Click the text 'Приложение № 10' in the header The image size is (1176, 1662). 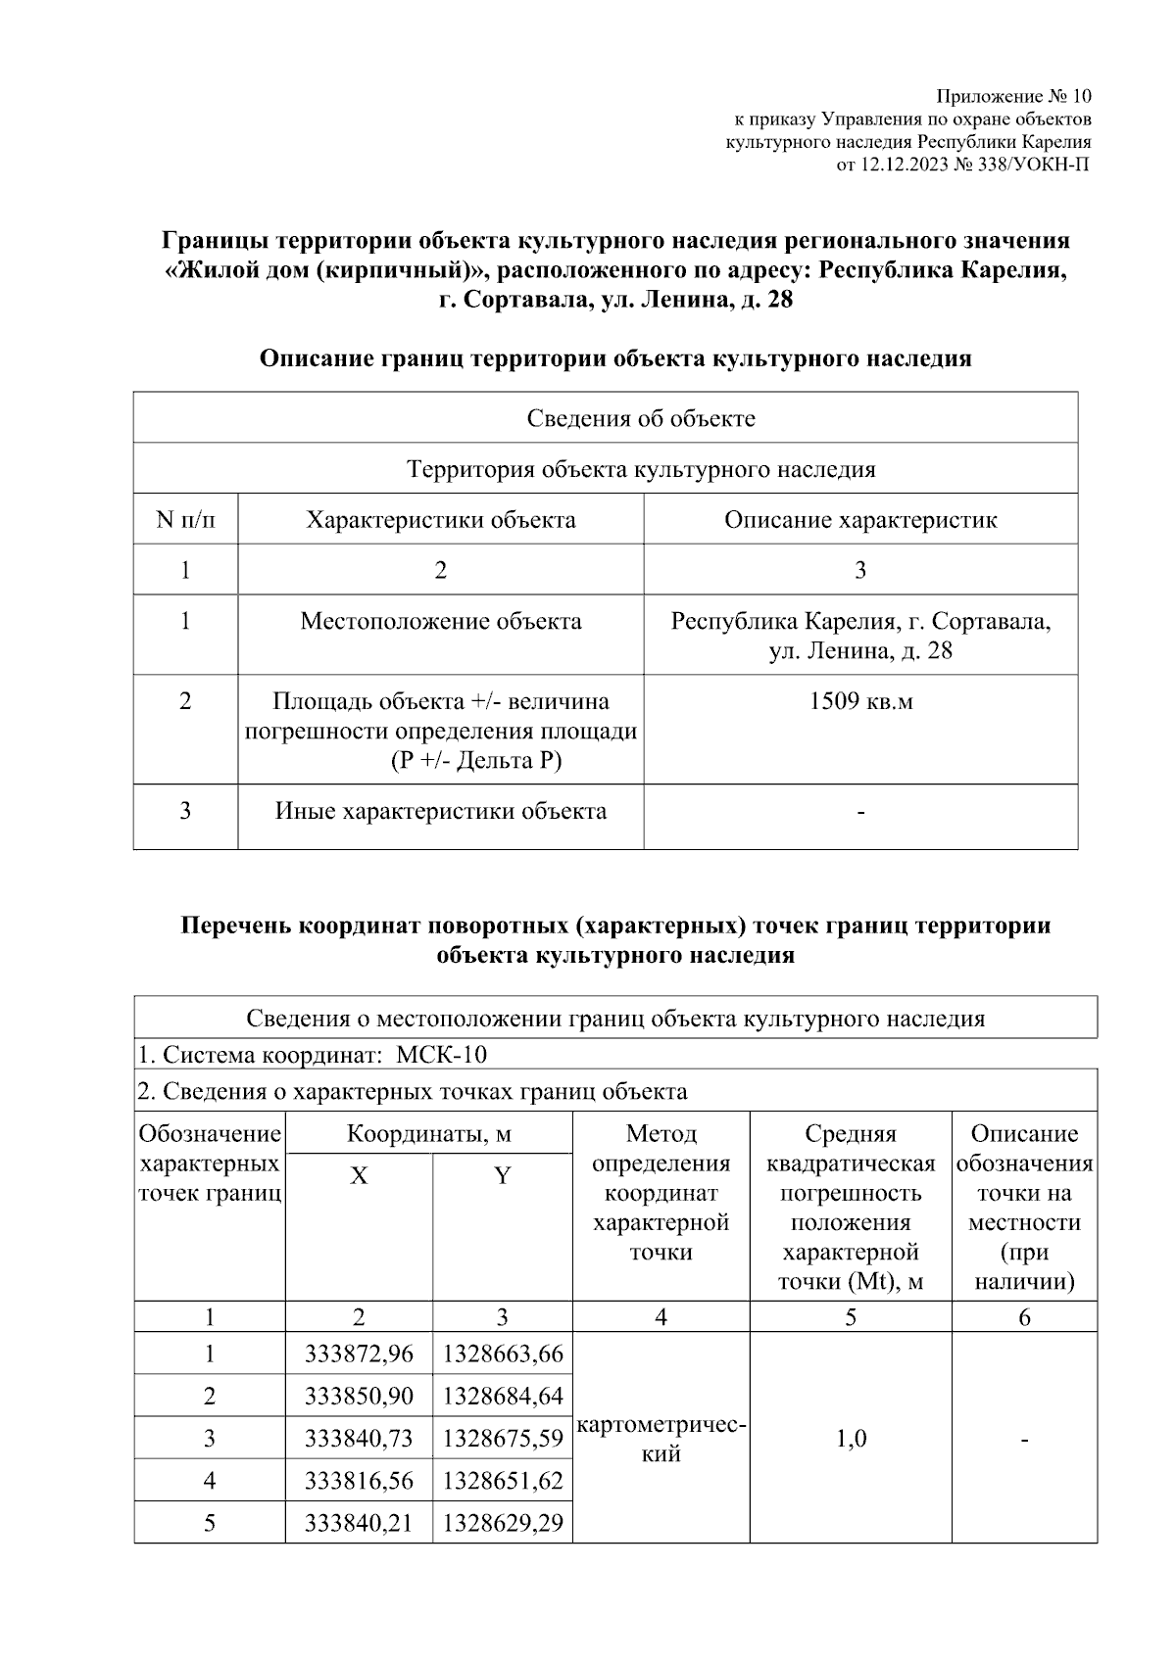pos(1012,96)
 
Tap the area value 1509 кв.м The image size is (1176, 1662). pos(860,701)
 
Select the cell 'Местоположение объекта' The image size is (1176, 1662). pos(440,621)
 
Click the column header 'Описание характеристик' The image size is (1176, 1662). pos(860,519)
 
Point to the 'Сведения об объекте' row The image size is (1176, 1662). pos(640,418)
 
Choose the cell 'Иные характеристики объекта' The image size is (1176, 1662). pos(440,811)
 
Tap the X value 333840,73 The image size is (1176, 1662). pos(359,1439)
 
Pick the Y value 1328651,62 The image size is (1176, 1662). pos(503,1481)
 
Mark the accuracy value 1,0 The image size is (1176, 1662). pos(851,1439)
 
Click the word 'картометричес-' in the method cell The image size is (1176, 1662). pos(662,1426)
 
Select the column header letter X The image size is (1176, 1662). pos(359,1175)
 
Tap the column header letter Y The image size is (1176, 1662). pos(503,1175)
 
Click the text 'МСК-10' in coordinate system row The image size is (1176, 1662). pos(441,1055)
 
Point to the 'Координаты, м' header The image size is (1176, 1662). pos(429,1134)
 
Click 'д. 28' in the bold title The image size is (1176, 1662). pos(764,301)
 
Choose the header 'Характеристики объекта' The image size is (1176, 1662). pos(440,519)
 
